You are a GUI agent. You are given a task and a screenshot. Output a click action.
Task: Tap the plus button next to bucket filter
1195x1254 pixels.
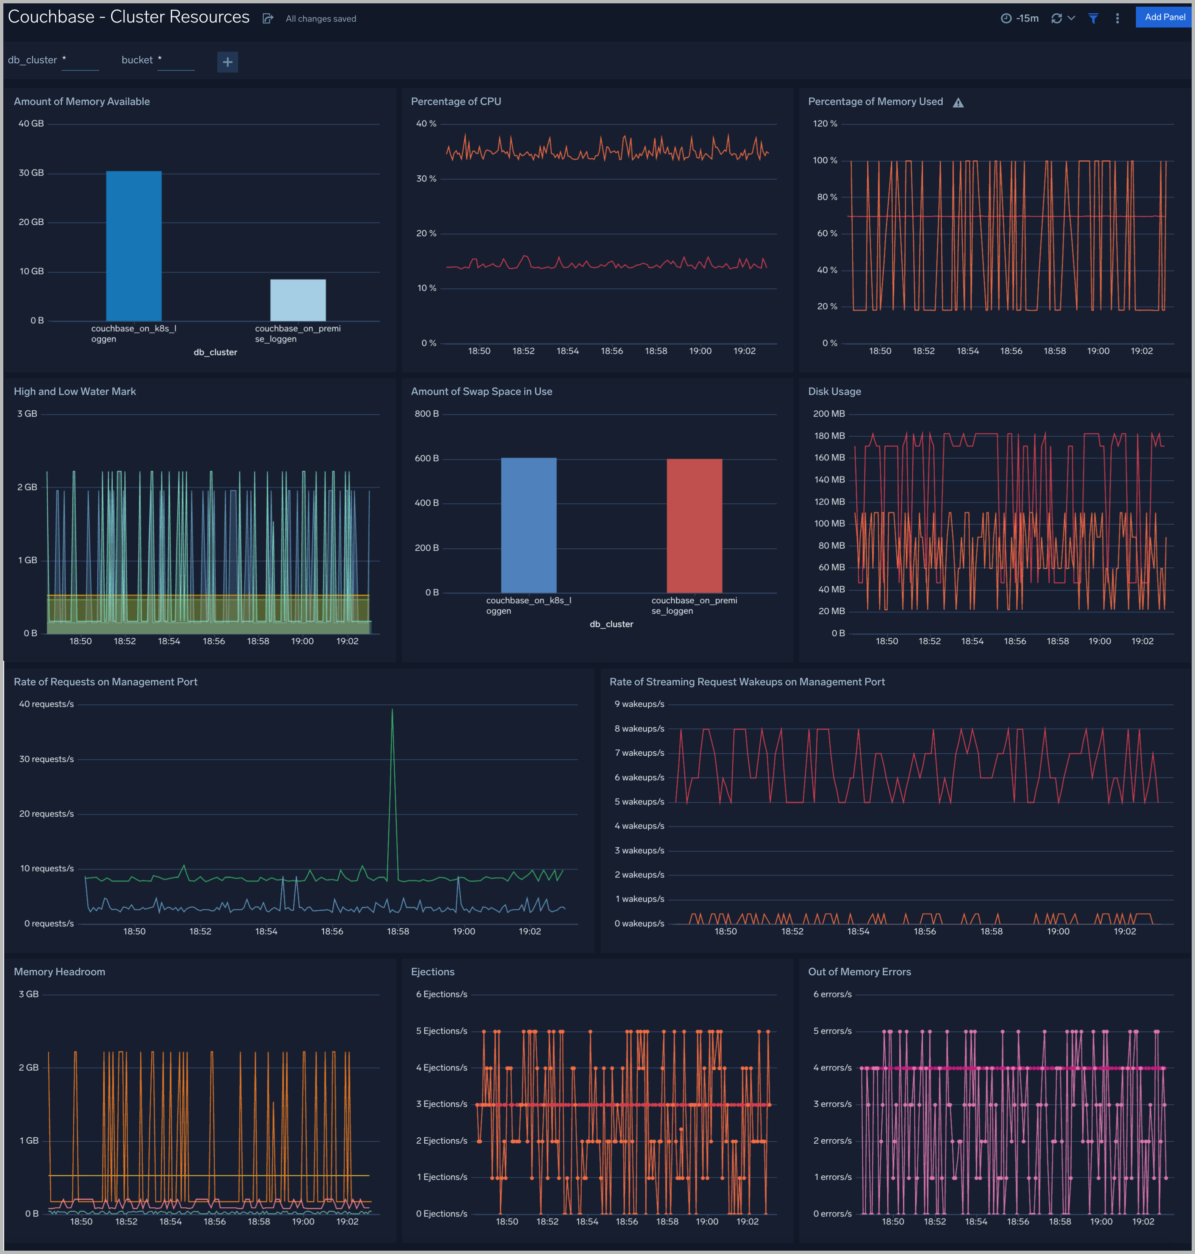tap(227, 62)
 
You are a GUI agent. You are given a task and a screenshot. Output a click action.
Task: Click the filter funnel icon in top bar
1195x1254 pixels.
tap(1093, 18)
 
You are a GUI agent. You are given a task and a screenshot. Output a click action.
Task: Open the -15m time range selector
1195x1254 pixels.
tap(1020, 18)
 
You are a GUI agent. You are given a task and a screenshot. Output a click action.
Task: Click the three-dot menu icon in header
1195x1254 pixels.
tap(1117, 18)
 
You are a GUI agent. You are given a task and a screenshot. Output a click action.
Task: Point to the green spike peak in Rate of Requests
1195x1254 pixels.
tap(392, 710)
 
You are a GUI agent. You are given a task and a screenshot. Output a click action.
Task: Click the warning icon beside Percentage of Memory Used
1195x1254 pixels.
tap(958, 102)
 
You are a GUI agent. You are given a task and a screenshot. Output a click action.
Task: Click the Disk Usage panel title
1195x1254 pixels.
tap(834, 391)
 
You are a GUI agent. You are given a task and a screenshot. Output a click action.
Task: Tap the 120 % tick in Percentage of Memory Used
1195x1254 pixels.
tap(825, 124)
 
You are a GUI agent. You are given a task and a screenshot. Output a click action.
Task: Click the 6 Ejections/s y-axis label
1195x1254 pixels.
tap(441, 994)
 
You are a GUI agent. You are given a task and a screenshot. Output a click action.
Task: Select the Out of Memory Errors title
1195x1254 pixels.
tap(859, 972)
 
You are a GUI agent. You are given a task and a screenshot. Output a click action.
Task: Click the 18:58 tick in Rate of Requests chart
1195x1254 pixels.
tap(398, 932)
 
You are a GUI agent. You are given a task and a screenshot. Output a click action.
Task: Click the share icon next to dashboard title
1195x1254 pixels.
tap(268, 18)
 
